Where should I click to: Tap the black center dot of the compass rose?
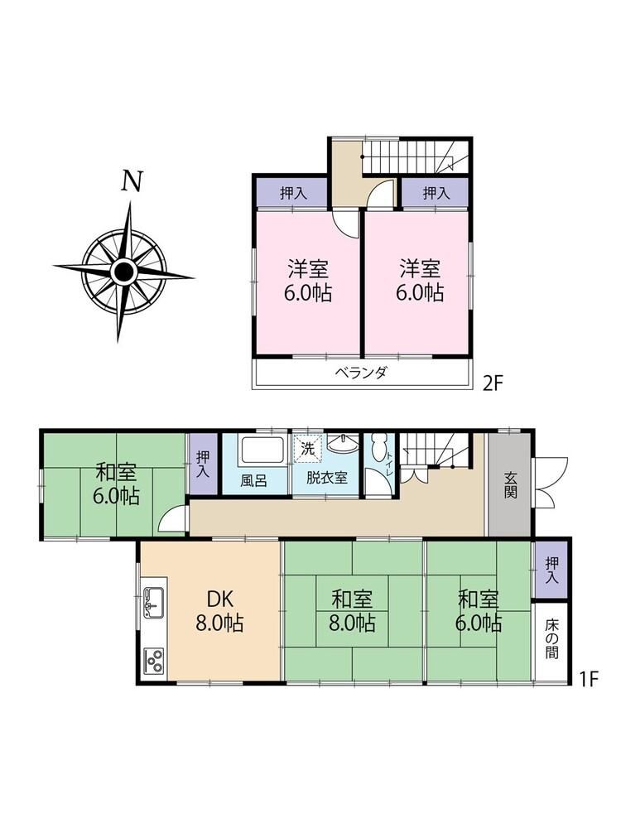pyautogui.click(x=123, y=272)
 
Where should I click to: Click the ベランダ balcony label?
pyautogui.click(x=362, y=373)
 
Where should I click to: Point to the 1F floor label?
pyautogui.click(x=589, y=679)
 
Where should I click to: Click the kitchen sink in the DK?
pyautogui.click(x=153, y=603)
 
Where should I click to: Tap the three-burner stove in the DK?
pyautogui.click(x=154, y=660)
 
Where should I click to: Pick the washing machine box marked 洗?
pyautogui.click(x=307, y=448)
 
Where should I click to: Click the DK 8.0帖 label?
pyautogui.click(x=219, y=612)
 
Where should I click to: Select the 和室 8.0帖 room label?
pyautogui.click(x=352, y=612)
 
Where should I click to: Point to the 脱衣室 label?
pyautogui.click(x=327, y=478)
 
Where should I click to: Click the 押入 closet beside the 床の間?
pyautogui.click(x=551, y=570)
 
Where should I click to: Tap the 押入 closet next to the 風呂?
pyautogui.click(x=203, y=465)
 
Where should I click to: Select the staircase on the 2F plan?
pyautogui.click(x=415, y=156)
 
